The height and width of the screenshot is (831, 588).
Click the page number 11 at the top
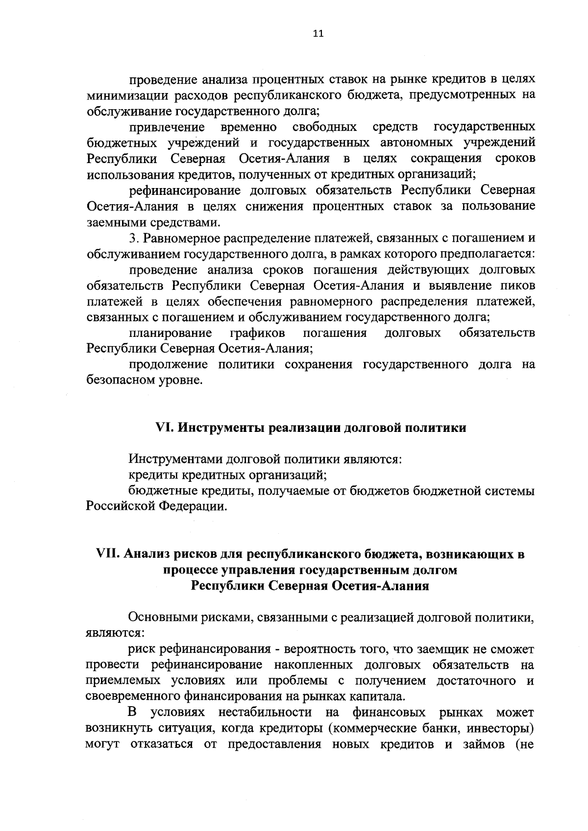click(x=318, y=34)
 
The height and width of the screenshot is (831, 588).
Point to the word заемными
click(x=111, y=223)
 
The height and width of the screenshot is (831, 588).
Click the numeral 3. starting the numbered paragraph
click(x=133, y=238)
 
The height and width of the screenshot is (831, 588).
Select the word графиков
click(x=258, y=333)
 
